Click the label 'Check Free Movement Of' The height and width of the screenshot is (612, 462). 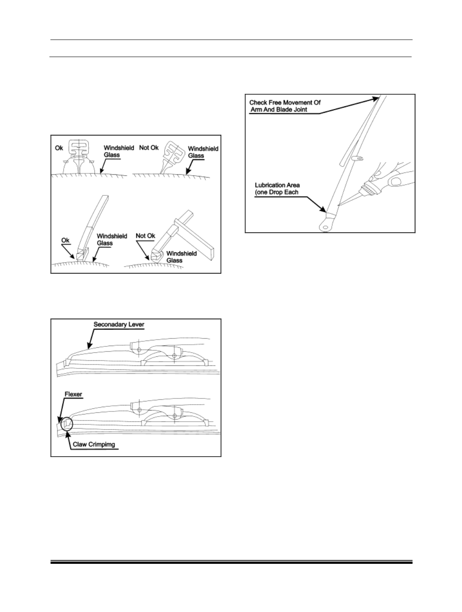point(285,102)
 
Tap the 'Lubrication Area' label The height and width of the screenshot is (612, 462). point(277,185)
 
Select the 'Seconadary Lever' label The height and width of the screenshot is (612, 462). point(119,325)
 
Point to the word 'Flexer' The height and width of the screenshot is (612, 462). point(73,394)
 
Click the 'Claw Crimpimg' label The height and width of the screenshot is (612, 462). point(94,445)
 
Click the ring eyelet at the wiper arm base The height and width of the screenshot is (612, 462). point(325,227)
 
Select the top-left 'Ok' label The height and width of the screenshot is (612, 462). point(59,148)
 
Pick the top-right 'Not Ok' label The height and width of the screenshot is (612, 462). point(149,148)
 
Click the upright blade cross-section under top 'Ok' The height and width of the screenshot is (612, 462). point(79,157)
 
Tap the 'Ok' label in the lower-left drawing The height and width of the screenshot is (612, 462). point(65,240)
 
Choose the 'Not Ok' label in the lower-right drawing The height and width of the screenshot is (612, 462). point(146,236)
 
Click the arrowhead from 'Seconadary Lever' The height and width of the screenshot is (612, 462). point(89,345)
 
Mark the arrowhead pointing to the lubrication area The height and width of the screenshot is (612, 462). point(323,209)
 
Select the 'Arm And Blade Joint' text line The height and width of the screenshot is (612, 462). point(278,110)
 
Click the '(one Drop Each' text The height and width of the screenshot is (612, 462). point(276,192)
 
